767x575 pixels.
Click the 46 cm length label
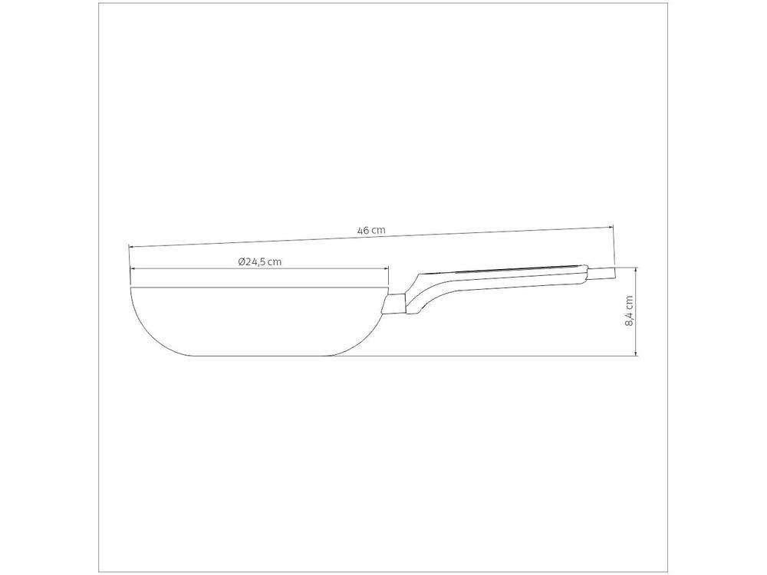tap(371, 230)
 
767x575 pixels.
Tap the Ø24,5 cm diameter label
tap(260, 261)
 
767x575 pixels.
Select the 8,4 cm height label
tap(629, 311)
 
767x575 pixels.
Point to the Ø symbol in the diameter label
tap(241, 261)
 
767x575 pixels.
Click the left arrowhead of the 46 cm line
tap(131, 246)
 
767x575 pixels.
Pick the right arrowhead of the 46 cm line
tap(611, 227)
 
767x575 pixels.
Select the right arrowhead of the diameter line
tap(387, 269)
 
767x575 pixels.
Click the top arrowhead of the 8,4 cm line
tap(636, 269)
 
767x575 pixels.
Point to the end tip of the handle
tap(612, 272)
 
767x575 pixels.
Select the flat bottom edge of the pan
tap(261, 355)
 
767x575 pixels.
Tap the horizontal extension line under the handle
tap(499, 356)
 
